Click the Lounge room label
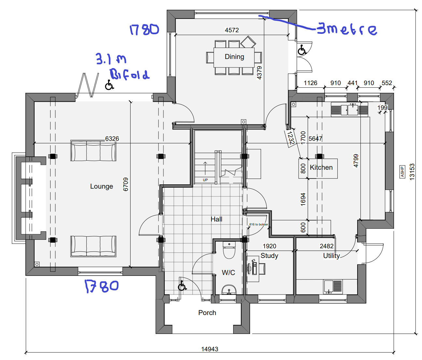(x=102, y=186)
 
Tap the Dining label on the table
(x=234, y=57)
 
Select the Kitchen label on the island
(x=321, y=167)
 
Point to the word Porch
(x=207, y=313)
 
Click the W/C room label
(x=228, y=272)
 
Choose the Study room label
(x=269, y=256)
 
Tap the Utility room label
(x=331, y=256)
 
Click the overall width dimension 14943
(x=210, y=349)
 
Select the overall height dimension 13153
(x=412, y=172)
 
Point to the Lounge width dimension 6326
(x=112, y=139)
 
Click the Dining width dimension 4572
(x=232, y=30)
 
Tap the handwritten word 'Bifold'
(x=130, y=74)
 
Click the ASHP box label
(x=402, y=172)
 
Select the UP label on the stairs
(x=205, y=180)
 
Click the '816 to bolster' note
(x=259, y=224)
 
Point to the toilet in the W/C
(x=229, y=250)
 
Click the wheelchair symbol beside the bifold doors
(x=109, y=85)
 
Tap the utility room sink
(x=333, y=287)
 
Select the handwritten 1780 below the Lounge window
(x=102, y=286)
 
